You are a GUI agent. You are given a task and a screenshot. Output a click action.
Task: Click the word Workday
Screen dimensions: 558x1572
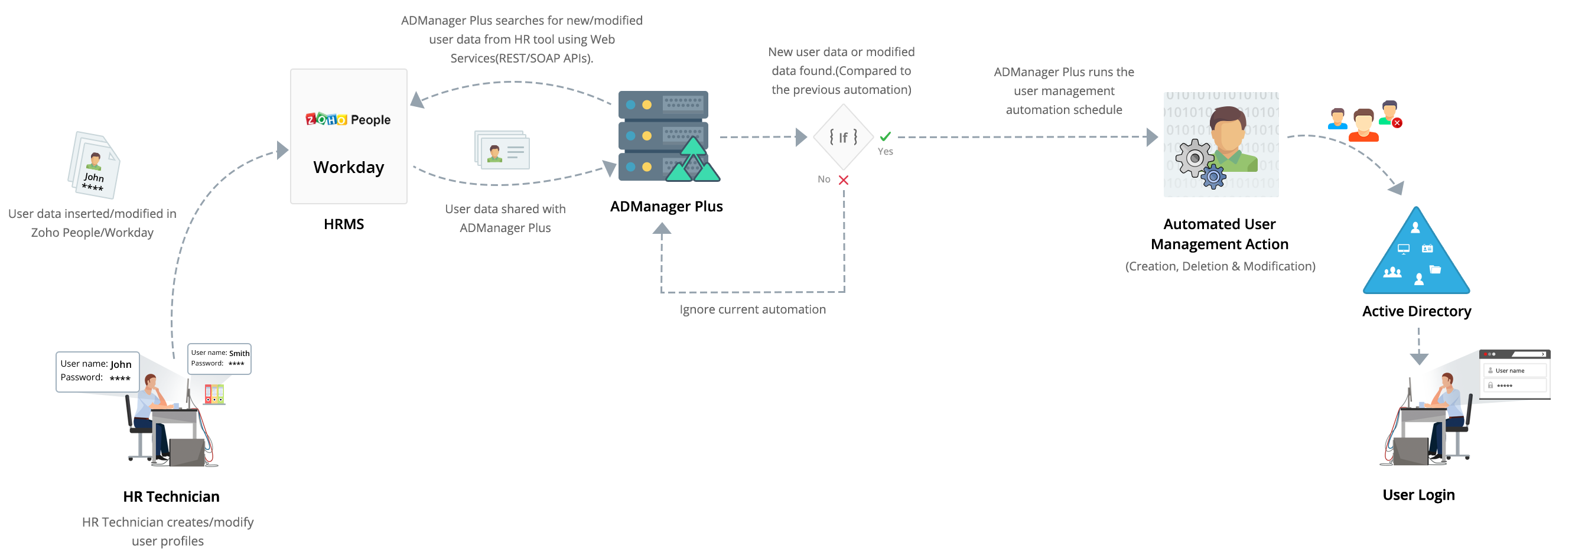[349, 167]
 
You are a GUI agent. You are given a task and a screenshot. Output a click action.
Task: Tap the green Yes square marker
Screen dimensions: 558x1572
[886, 136]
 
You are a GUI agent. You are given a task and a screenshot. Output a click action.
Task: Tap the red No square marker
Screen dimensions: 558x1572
[844, 180]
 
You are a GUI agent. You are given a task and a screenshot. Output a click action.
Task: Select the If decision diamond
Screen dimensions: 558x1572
[843, 137]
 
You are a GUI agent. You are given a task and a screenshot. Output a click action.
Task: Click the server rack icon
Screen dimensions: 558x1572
[664, 135]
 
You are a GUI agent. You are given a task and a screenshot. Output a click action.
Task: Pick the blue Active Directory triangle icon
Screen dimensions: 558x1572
[1417, 250]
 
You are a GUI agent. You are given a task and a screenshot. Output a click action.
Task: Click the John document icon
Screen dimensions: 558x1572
[95, 165]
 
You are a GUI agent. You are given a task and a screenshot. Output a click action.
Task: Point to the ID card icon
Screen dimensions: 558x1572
[502, 150]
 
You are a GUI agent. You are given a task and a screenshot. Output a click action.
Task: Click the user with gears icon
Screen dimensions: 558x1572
[1221, 145]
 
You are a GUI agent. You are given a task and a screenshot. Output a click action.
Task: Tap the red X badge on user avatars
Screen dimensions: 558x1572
[1397, 123]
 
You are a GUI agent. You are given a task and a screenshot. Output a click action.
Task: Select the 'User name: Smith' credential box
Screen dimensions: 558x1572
[220, 358]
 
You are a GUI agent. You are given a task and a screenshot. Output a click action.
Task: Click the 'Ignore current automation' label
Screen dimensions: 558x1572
[753, 310]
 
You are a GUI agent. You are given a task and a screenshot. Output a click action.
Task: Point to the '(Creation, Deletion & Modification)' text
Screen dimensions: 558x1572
[1220, 266]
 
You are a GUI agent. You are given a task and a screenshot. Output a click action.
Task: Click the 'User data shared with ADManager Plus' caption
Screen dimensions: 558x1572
[505, 219]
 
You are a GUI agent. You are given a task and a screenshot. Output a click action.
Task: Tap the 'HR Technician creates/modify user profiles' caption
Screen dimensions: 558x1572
[168, 532]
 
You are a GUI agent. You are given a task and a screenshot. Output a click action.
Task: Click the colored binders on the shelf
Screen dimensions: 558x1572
[214, 394]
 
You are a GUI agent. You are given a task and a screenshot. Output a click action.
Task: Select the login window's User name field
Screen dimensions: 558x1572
[1516, 371]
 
